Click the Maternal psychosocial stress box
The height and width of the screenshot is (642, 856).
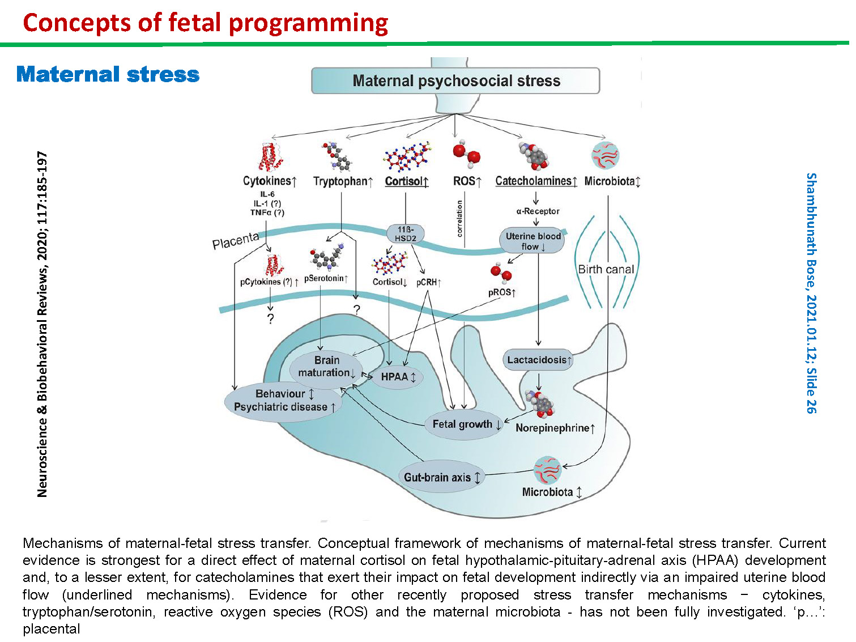pos(455,80)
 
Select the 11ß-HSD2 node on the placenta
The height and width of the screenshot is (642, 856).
pos(405,233)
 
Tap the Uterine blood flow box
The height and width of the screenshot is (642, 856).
pos(533,241)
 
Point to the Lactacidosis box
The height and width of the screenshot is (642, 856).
pos(539,359)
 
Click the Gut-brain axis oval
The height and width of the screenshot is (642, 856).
pos(441,477)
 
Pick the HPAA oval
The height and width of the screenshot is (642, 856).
pos(397,377)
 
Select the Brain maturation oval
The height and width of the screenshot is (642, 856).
pos(326,366)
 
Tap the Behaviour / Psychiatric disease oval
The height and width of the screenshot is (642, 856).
pos(283,401)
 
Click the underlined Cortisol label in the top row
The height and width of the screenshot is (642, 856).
pos(406,181)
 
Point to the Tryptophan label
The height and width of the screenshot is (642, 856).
pos(343,181)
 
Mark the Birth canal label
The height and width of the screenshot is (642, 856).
pos(606,269)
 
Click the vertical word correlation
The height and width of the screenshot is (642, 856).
pos(459,218)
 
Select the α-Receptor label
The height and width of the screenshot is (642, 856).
pos(538,211)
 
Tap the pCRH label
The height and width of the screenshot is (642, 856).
pos(429,282)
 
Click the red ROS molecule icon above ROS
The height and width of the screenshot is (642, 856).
pos(466,154)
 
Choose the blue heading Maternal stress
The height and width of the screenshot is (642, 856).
pos(108,74)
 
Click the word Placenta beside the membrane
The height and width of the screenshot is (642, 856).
pos(235,241)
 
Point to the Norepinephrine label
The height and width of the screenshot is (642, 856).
pos(555,428)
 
